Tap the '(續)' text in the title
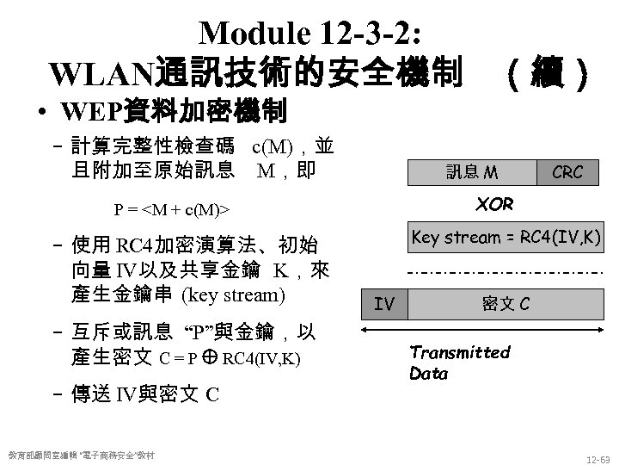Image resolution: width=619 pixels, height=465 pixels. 548,74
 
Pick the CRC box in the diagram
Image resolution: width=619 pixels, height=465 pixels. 568,172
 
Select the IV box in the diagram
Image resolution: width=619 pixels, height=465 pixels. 384,302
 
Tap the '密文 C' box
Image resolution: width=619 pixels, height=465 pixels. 506,302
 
